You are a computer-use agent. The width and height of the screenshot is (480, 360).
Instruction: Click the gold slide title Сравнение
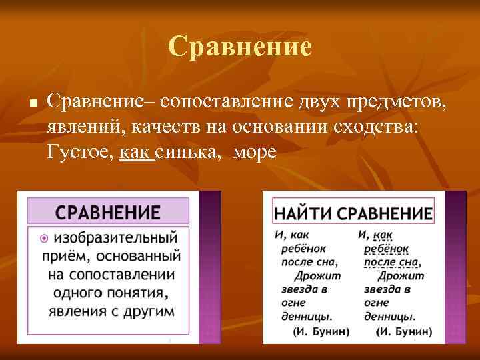coord(240,47)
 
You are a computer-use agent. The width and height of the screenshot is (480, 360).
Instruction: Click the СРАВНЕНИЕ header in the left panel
coord(108,213)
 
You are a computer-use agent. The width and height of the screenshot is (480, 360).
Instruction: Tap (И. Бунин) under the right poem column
coord(404,331)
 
